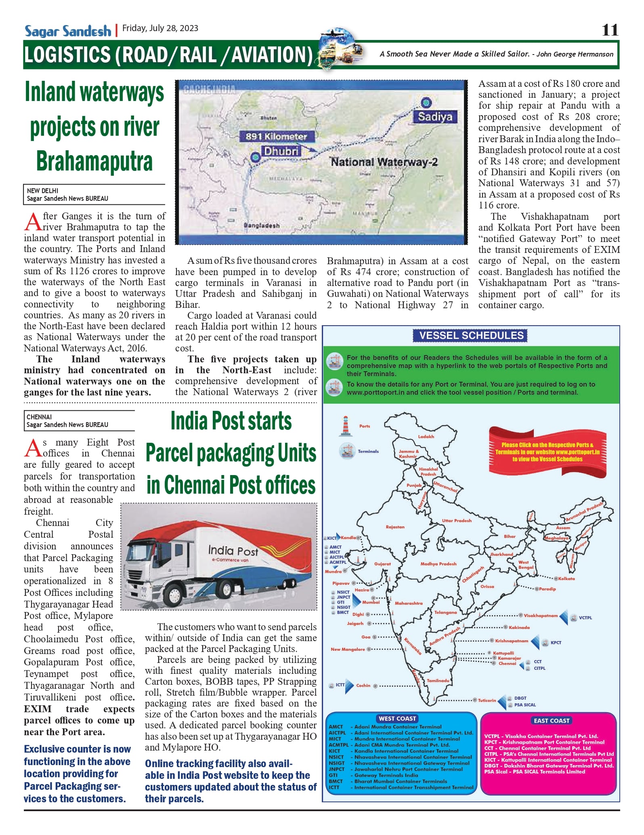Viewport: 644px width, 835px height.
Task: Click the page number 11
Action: point(610,30)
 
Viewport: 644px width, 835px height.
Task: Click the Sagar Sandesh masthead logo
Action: point(68,31)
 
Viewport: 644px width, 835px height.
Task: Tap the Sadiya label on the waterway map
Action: point(435,117)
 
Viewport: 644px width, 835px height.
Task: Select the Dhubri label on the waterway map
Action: point(281,151)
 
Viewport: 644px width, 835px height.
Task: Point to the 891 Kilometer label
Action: point(277,137)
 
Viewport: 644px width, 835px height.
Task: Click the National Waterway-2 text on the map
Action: point(384,162)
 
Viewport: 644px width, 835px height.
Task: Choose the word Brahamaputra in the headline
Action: point(94,161)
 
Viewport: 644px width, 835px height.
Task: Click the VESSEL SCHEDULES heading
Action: point(471,336)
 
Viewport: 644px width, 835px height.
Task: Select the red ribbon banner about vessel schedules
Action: point(547,452)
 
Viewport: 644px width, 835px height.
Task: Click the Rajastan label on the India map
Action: point(395,527)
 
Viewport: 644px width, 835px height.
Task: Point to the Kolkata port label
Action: point(566,578)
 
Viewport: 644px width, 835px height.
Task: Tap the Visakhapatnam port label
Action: point(541,616)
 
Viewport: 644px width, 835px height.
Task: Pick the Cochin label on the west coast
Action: point(363,685)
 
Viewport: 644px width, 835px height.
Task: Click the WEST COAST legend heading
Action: point(397,718)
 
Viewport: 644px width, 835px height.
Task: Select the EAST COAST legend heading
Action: point(551,720)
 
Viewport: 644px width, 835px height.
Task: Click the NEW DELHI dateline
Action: point(42,191)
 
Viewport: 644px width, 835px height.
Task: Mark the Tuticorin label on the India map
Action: point(487,700)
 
